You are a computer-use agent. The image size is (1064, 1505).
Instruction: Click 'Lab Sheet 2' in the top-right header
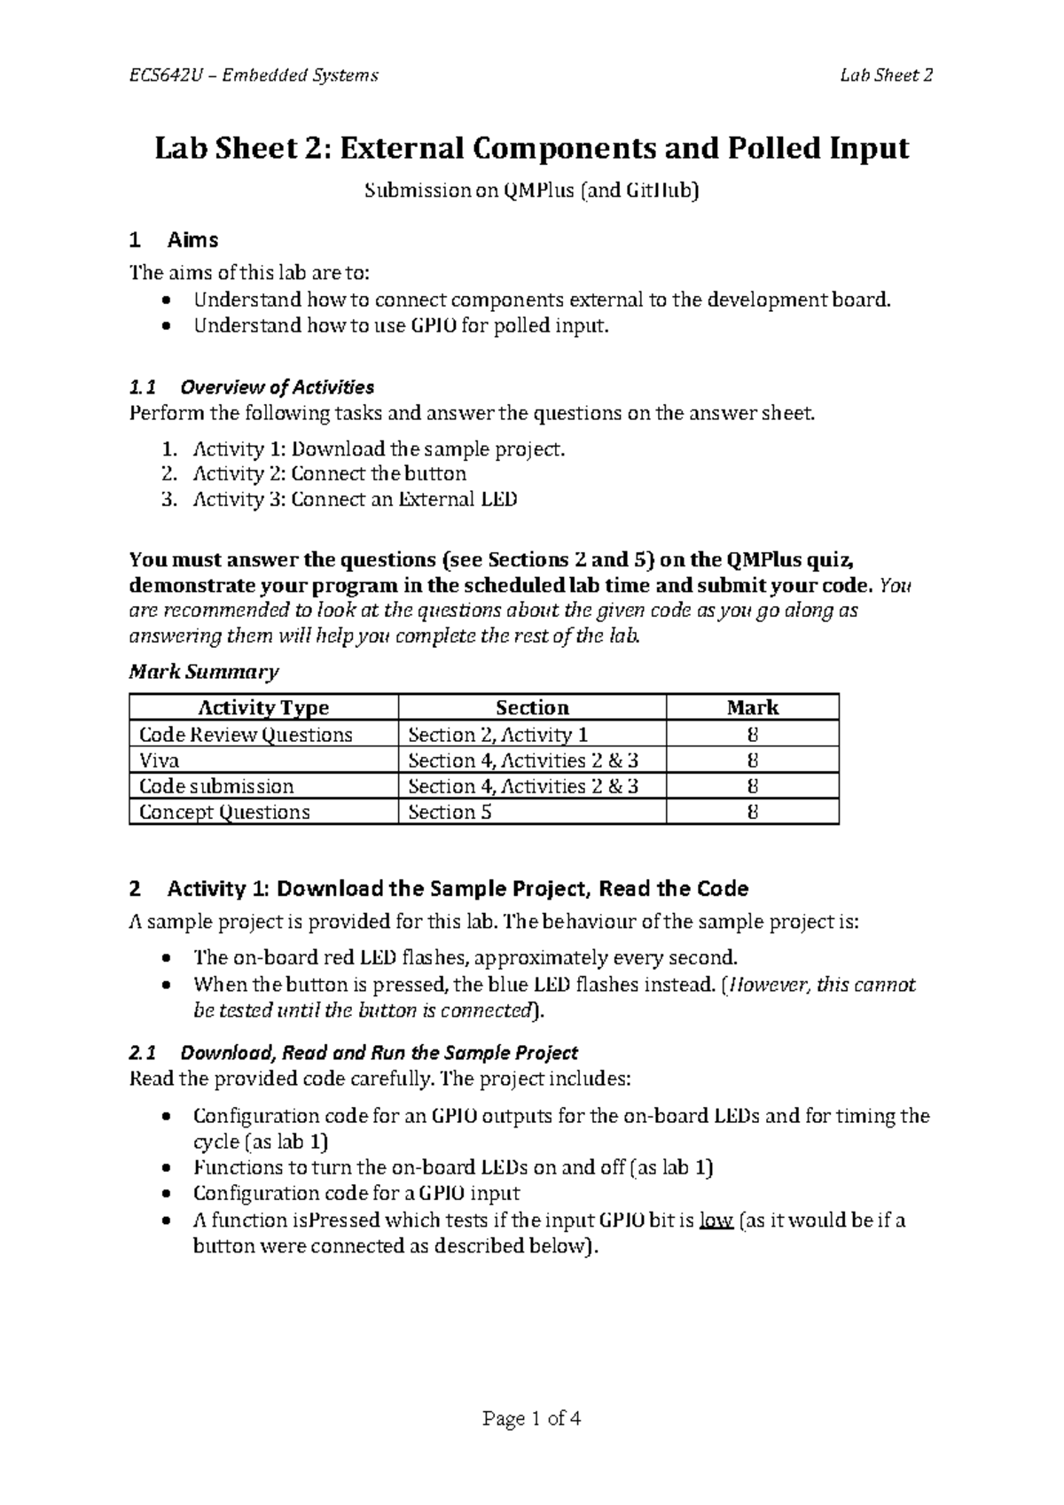tap(887, 75)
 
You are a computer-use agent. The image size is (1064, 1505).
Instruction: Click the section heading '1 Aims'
tap(174, 240)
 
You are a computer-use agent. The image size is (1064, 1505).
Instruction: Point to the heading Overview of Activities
tap(276, 387)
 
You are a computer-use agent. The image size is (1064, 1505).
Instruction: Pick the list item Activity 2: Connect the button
tap(329, 473)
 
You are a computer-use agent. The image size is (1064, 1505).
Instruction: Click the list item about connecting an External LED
tap(355, 499)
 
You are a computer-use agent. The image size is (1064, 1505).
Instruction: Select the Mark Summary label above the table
tap(204, 672)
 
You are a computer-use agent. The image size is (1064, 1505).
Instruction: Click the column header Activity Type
tap(263, 707)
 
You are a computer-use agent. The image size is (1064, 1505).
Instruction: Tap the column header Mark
tap(752, 707)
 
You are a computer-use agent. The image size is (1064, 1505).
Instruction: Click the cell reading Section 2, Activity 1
tap(497, 735)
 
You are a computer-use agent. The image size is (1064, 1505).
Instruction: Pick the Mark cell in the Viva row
tap(752, 760)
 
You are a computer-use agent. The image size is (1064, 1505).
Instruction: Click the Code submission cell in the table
tap(216, 786)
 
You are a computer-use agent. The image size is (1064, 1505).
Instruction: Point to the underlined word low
tap(716, 1220)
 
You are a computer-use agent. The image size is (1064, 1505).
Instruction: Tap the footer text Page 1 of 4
tap(531, 1419)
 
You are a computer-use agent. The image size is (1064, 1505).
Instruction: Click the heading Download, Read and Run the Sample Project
tap(379, 1053)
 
